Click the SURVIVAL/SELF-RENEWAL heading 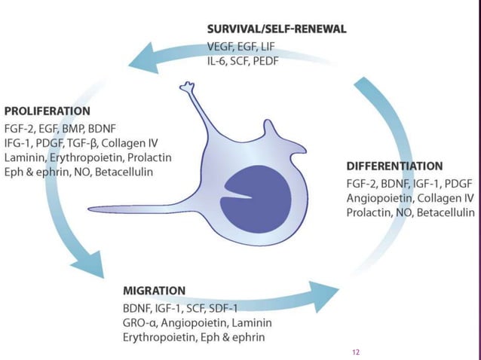pos(277,29)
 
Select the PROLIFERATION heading pos(46,111)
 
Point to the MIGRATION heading pos(154,290)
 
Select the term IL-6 pos(219,60)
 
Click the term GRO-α pos(139,322)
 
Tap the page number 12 pos(357,352)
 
